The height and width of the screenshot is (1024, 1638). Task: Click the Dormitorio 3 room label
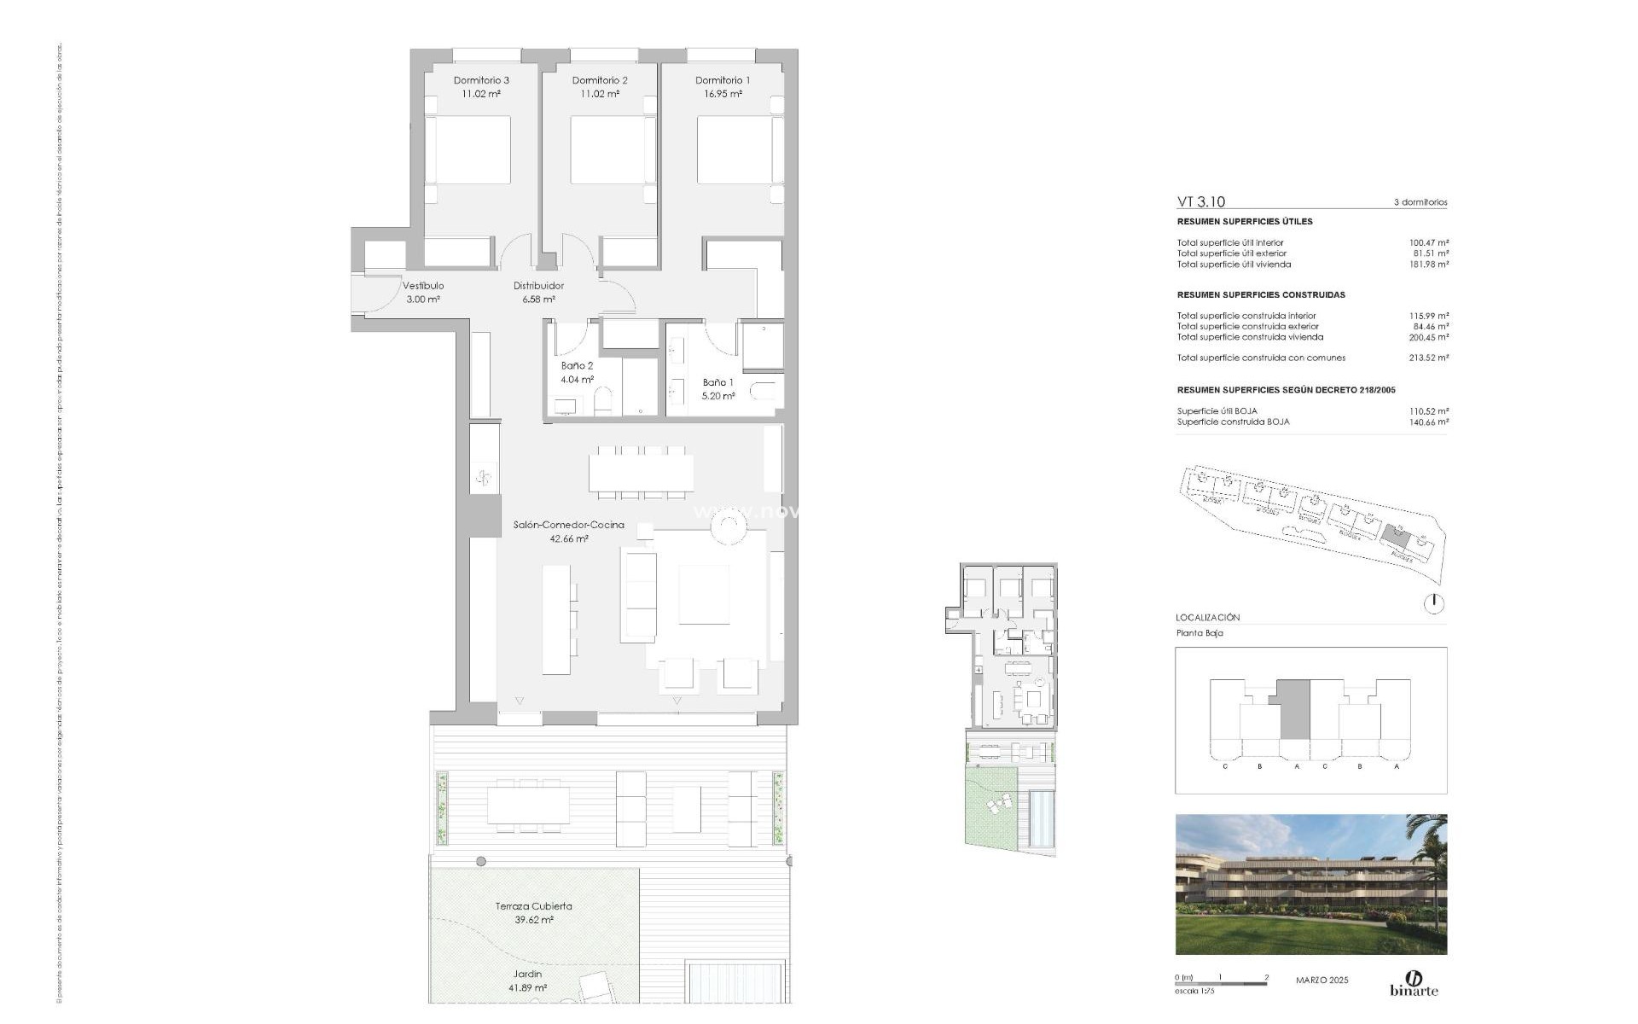pyautogui.click(x=481, y=80)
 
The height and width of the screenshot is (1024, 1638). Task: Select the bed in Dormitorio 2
pyautogui.click(x=607, y=150)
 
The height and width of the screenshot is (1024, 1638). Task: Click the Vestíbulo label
pyautogui.click(x=423, y=286)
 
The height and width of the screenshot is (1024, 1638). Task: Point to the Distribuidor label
pyautogui.click(x=538, y=286)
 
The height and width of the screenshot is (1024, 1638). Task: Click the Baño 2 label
pyautogui.click(x=578, y=366)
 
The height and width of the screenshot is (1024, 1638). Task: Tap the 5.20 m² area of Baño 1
pyautogui.click(x=718, y=396)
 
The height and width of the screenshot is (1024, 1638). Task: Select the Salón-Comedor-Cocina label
pyautogui.click(x=569, y=525)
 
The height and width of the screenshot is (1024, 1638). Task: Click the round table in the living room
pyautogui.click(x=730, y=527)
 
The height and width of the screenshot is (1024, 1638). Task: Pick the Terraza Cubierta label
pyautogui.click(x=534, y=906)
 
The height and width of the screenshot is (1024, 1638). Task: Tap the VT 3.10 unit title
pyautogui.click(x=1200, y=202)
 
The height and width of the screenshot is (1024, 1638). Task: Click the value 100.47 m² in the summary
pyautogui.click(x=1429, y=243)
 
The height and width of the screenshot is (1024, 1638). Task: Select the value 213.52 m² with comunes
pyautogui.click(x=1429, y=358)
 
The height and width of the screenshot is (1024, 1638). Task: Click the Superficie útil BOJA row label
pyautogui.click(x=1217, y=411)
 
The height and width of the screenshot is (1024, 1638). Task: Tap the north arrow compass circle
pyautogui.click(x=1434, y=604)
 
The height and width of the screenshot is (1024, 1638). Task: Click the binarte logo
pyautogui.click(x=1414, y=983)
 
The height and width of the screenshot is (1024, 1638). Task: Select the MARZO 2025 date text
pyautogui.click(x=1322, y=980)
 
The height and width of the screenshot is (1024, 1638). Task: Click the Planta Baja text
pyautogui.click(x=1199, y=633)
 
